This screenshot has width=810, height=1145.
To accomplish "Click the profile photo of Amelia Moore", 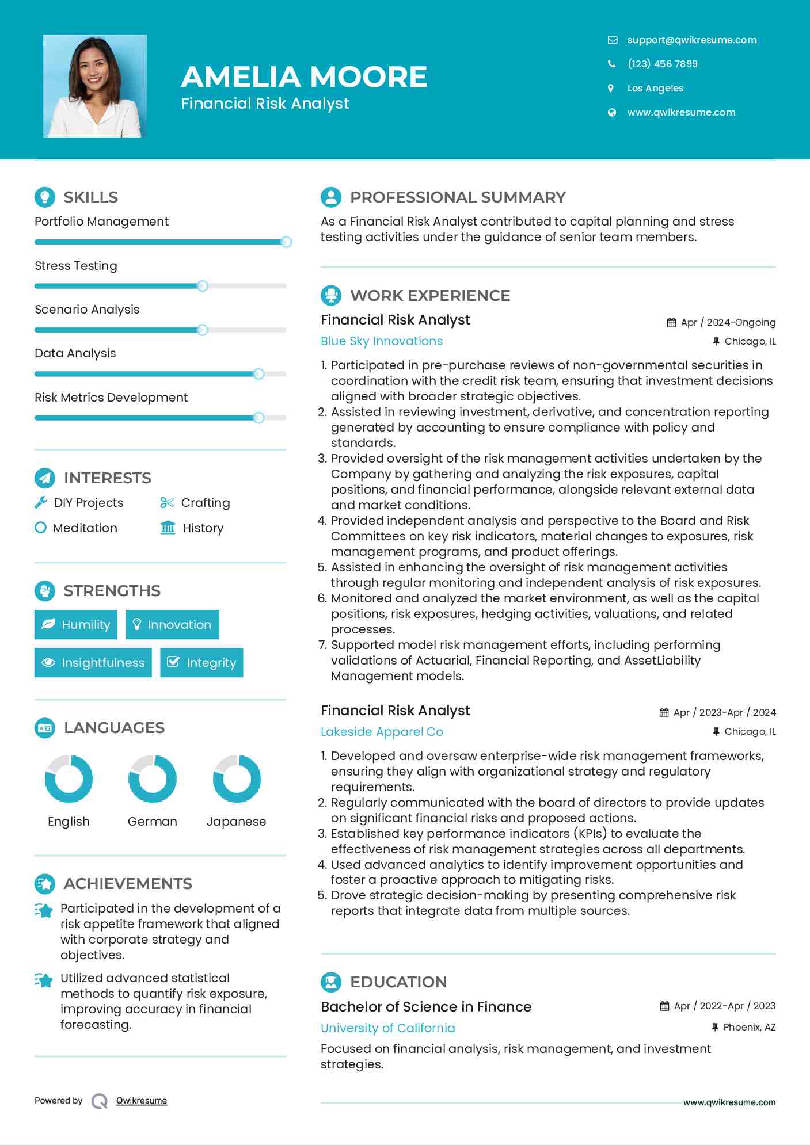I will (95, 86).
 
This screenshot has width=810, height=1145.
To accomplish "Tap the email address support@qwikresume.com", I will (691, 40).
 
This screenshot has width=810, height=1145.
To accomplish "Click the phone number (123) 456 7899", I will (662, 64).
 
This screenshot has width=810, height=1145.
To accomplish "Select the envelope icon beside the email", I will (612, 40).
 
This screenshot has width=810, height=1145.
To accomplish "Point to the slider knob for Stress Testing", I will (203, 286).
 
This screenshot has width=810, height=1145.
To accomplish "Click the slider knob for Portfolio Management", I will (286, 242).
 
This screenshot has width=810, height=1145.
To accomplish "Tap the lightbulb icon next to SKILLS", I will (45, 197).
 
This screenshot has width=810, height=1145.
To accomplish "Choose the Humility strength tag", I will (76, 624).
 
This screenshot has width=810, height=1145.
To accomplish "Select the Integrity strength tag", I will (201, 662).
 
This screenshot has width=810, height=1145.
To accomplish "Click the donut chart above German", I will (153, 779).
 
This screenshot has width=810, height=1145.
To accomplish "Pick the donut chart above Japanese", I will (237, 779).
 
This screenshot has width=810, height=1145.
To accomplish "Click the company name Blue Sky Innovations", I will (382, 341).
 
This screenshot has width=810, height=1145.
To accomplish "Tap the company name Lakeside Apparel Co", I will (382, 731).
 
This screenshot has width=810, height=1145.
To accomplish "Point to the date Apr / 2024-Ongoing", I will (728, 322).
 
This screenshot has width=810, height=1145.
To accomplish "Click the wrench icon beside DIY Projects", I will (41, 502).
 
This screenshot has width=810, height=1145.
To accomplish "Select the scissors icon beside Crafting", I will (167, 502).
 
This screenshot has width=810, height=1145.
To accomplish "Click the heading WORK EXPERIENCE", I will (429, 295).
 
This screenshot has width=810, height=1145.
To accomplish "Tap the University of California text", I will (387, 1028).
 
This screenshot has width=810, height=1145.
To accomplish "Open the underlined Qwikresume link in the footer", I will (142, 1100).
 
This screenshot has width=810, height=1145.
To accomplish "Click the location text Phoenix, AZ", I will (749, 1027).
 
